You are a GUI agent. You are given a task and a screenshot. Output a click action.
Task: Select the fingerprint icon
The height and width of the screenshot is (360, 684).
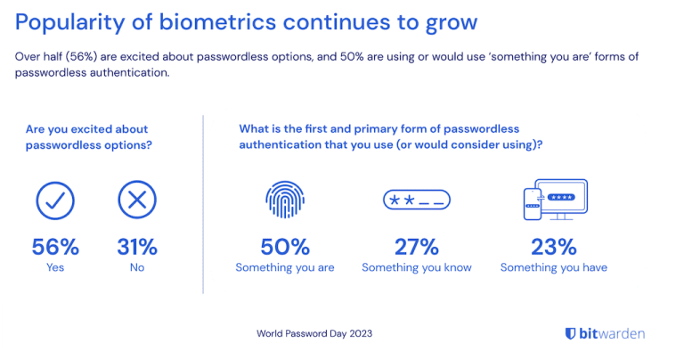click(x=285, y=200)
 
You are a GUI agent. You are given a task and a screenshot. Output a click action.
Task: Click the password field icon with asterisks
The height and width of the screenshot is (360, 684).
click(x=417, y=201)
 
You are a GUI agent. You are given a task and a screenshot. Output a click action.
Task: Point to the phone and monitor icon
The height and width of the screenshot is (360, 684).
click(x=554, y=200)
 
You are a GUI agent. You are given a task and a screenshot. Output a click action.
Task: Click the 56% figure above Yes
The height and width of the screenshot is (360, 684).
click(x=55, y=247)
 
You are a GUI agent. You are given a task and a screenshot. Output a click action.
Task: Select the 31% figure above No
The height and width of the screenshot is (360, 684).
click(x=137, y=247)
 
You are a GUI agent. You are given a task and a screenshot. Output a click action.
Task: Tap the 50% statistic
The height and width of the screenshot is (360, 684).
click(x=285, y=247)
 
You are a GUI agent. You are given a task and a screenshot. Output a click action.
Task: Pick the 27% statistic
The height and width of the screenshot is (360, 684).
click(x=417, y=247)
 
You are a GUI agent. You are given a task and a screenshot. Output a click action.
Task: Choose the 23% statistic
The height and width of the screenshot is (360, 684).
click(x=554, y=247)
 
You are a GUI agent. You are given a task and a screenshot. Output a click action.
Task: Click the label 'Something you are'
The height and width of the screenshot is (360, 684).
click(x=285, y=267)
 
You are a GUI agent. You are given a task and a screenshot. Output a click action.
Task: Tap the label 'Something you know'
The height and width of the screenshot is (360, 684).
click(x=417, y=267)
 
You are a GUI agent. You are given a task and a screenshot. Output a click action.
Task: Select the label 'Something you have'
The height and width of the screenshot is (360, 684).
click(x=554, y=267)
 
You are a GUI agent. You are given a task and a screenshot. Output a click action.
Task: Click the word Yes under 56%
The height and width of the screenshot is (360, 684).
click(x=55, y=267)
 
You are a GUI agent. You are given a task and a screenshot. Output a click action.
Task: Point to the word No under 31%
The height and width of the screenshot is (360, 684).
click(x=137, y=267)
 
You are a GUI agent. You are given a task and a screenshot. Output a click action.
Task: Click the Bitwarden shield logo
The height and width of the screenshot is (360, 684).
click(x=570, y=333)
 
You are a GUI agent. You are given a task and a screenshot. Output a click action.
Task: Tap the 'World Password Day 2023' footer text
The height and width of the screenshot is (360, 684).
click(x=314, y=334)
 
